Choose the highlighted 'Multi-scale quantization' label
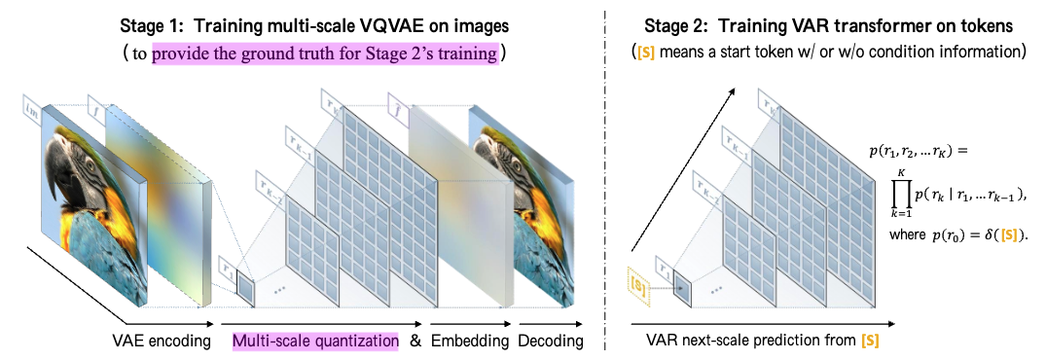(315, 341)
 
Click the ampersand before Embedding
(417, 341)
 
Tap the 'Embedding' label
(471, 341)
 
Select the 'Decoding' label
(550, 341)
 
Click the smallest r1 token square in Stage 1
(246, 292)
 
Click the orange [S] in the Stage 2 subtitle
(644, 50)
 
